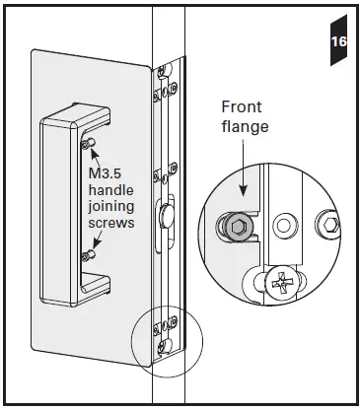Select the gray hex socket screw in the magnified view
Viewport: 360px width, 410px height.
(237, 228)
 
